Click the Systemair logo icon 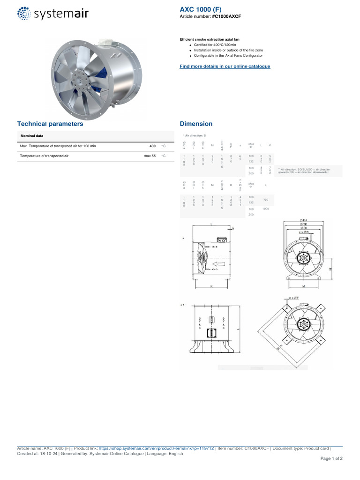[x=25, y=14]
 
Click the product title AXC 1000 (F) [x=200, y=9]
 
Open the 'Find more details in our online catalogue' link [x=225, y=67]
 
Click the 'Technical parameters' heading [x=50, y=124]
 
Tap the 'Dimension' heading [x=196, y=124]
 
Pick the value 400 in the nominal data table [x=152, y=146]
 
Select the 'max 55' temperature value [x=150, y=156]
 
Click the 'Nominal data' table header [x=32, y=135]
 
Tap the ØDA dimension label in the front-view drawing [x=304, y=220]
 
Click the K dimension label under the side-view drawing [x=211, y=285]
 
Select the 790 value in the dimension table [x=265, y=200]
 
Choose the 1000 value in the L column [x=266, y=209]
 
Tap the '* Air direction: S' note [x=195, y=135]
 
